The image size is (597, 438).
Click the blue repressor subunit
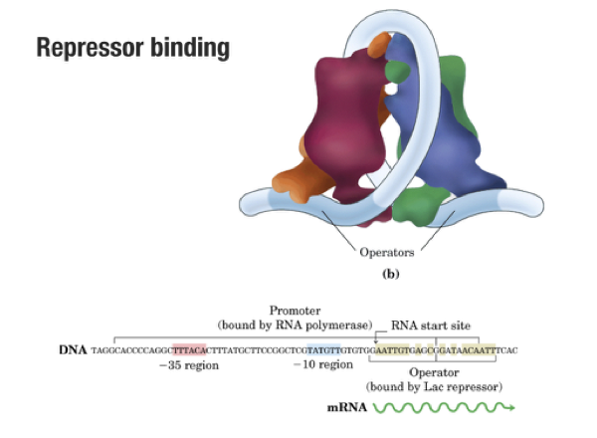(423, 139)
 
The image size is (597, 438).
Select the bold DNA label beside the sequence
(72, 350)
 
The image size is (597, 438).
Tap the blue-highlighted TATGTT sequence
(323, 350)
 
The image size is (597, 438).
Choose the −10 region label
(322, 366)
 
